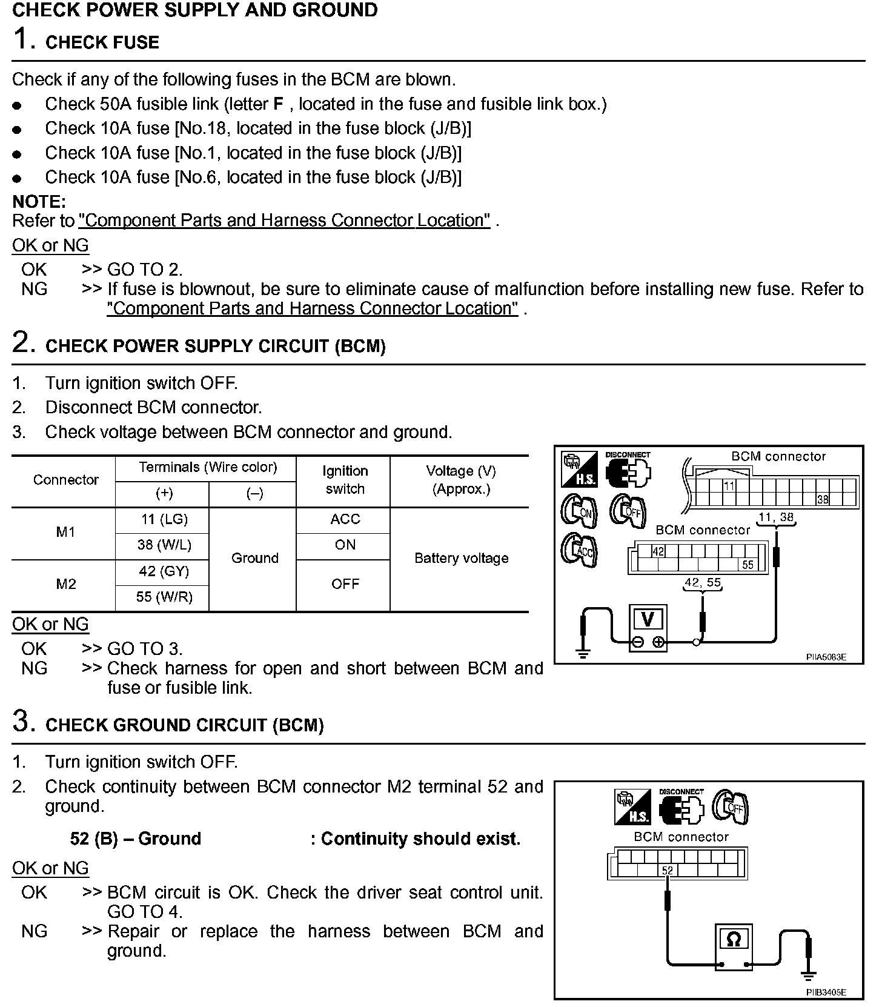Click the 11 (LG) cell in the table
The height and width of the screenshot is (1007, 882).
point(164,519)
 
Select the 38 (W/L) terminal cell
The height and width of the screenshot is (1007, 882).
point(164,545)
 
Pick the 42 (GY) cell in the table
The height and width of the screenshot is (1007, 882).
point(164,571)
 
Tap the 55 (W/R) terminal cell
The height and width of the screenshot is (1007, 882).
point(164,597)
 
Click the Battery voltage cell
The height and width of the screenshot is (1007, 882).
point(461,559)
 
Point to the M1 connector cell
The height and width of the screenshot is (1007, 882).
point(65,532)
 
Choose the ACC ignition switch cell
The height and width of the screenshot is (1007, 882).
point(345,519)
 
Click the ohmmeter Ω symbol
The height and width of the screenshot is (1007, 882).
point(733,940)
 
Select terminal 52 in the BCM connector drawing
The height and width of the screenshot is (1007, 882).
point(667,871)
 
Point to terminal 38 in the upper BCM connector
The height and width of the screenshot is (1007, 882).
point(822,499)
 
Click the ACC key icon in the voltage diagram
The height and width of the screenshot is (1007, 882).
point(580,550)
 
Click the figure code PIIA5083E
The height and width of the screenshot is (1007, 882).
point(826,657)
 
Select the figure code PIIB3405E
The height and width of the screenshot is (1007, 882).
point(826,992)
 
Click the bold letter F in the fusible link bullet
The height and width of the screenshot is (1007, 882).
point(279,104)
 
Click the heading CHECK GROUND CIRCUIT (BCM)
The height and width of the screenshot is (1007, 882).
point(185,725)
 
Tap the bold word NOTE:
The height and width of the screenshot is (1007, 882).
point(39,202)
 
